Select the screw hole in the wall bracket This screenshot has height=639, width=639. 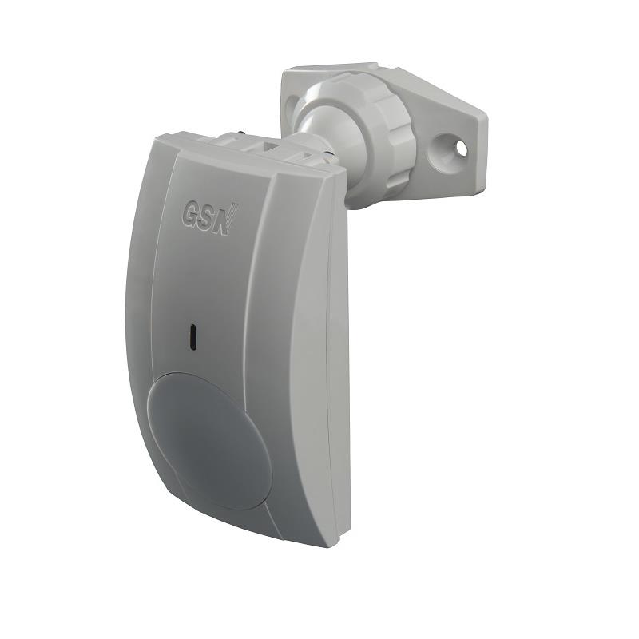[x=461, y=147]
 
